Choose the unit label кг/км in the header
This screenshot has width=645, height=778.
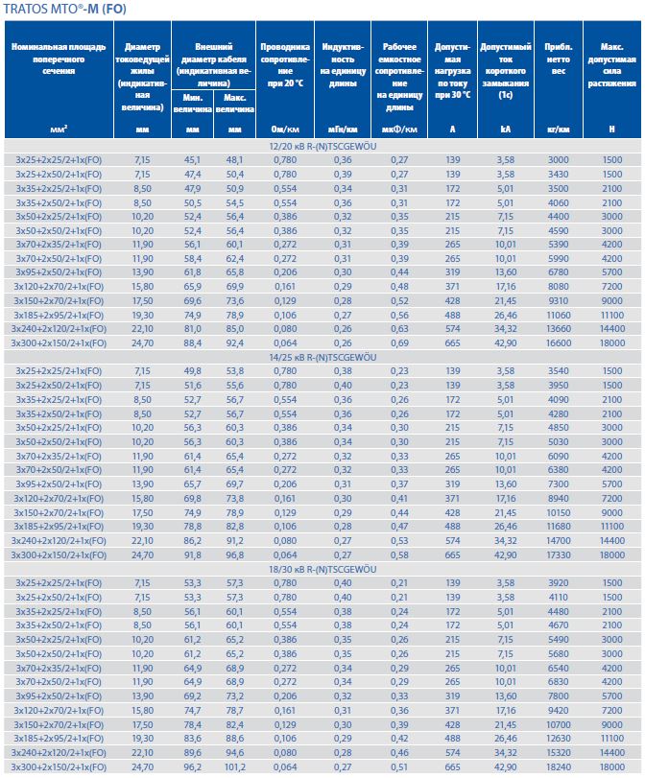(x=558, y=130)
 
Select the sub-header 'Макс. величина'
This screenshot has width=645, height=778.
(x=235, y=104)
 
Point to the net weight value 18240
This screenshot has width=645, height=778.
(x=558, y=767)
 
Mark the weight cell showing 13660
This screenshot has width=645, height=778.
(x=558, y=328)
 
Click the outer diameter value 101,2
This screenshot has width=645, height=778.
(x=235, y=767)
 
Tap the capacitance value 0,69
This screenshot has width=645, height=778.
(x=399, y=342)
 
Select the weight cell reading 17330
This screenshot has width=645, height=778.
(x=558, y=556)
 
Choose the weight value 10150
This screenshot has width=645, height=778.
(x=558, y=513)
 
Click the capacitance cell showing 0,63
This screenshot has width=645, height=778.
(x=399, y=328)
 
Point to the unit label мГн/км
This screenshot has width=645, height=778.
(x=341, y=130)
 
